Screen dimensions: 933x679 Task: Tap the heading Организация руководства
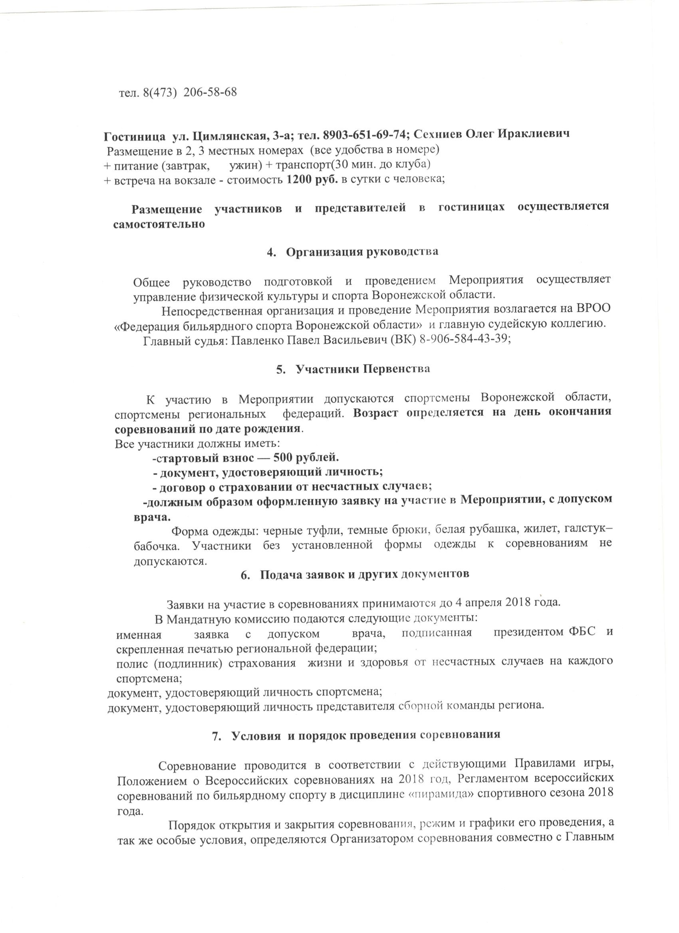point(362,251)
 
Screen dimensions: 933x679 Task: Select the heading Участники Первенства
point(363,369)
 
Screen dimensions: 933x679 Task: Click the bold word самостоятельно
point(159,225)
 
